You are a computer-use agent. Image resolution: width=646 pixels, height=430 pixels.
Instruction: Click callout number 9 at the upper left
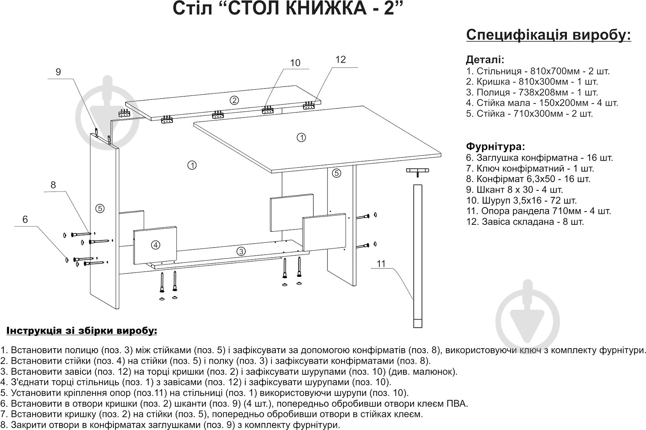(58, 72)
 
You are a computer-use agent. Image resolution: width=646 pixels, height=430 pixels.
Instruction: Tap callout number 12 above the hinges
(341, 60)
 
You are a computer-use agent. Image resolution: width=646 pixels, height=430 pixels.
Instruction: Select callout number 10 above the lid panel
(295, 63)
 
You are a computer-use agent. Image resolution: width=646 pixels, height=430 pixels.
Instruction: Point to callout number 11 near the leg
(381, 264)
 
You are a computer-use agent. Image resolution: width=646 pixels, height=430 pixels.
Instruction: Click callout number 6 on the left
(25, 220)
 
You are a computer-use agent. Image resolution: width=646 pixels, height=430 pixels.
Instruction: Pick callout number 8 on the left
(54, 185)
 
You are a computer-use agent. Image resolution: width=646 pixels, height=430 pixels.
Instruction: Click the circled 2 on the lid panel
(234, 100)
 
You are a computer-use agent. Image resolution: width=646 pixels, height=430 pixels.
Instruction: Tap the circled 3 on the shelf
(241, 251)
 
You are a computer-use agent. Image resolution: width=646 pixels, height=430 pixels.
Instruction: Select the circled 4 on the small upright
(155, 245)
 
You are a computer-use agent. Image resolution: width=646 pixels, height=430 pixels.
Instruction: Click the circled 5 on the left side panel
(100, 208)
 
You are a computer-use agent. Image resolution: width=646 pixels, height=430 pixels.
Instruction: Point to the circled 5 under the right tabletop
(337, 173)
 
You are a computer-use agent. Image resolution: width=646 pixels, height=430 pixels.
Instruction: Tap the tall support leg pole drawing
(417, 255)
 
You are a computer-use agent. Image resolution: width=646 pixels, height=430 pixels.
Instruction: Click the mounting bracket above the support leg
(417, 171)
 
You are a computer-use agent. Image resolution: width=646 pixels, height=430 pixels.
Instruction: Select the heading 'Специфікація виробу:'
(549, 34)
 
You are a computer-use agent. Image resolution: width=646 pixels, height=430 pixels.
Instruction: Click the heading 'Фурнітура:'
(495, 147)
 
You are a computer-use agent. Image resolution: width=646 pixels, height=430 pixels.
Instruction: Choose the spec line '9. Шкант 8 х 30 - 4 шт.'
(515, 190)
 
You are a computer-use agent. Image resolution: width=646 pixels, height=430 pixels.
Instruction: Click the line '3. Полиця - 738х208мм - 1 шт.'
(532, 93)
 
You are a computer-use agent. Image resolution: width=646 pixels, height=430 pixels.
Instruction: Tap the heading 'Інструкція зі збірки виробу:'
(81, 331)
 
